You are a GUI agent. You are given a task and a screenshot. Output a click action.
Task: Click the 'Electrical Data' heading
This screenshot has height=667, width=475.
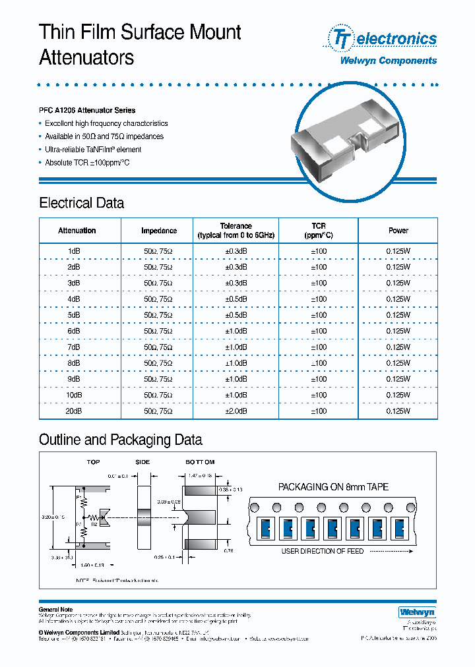[x=81, y=203]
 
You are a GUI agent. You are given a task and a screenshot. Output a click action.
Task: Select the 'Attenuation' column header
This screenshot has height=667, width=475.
[x=77, y=231]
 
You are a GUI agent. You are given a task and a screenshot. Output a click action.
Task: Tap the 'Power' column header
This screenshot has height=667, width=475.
[x=398, y=231]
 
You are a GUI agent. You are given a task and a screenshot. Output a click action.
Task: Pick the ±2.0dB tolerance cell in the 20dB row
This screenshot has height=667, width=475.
[x=236, y=411]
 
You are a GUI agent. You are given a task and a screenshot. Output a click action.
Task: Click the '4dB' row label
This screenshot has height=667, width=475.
[x=73, y=299]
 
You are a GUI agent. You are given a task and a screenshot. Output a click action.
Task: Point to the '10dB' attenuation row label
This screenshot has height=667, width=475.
[x=73, y=395]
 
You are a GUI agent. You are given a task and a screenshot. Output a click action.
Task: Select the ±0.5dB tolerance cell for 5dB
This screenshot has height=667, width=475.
[x=236, y=315]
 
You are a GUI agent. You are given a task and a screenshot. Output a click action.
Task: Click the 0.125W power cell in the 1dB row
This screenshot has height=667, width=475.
[x=398, y=251]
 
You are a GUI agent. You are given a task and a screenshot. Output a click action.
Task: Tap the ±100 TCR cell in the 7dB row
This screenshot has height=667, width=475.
[x=318, y=347]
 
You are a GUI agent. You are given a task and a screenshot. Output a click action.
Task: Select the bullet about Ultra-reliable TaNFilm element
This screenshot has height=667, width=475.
[x=93, y=150]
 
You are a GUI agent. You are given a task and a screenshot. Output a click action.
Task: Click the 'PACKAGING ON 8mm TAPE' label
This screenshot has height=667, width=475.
[x=333, y=487]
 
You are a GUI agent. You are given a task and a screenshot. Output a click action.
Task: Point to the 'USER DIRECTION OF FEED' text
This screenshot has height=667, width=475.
[x=323, y=551]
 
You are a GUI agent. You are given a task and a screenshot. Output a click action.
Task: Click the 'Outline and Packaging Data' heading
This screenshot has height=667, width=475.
[x=121, y=440]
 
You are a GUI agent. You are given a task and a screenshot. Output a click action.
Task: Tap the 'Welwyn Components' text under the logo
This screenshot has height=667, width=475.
[x=388, y=61]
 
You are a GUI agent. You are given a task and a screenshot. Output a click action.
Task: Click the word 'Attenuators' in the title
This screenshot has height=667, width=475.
[x=86, y=57]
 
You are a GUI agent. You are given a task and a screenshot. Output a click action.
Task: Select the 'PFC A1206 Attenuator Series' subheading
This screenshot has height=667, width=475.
[x=87, y=110]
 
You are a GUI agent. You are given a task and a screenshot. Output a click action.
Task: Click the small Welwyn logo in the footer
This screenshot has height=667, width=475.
[x=414, y=612]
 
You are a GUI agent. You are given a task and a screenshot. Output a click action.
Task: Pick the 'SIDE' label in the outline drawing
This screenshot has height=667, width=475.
[x=142, y=463]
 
